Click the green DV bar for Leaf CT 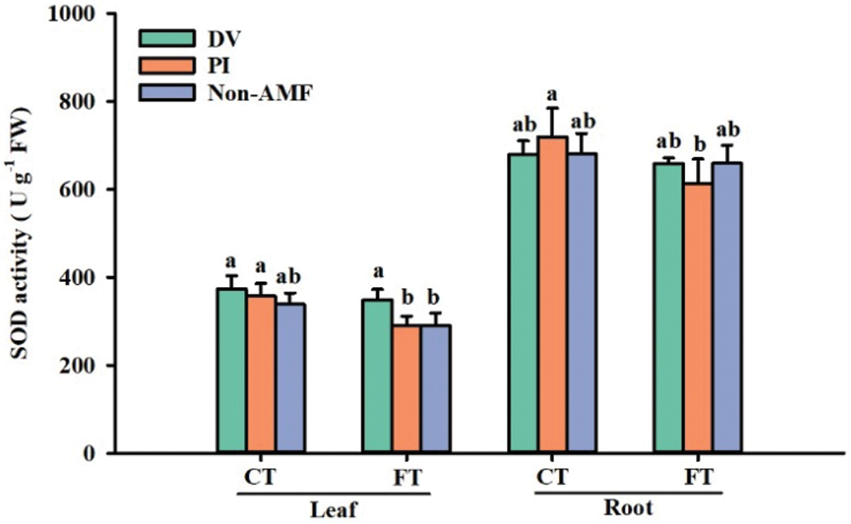[x=231, y=371]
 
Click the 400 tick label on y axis [x=87, y=278]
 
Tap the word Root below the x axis [x=628, y=509]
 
